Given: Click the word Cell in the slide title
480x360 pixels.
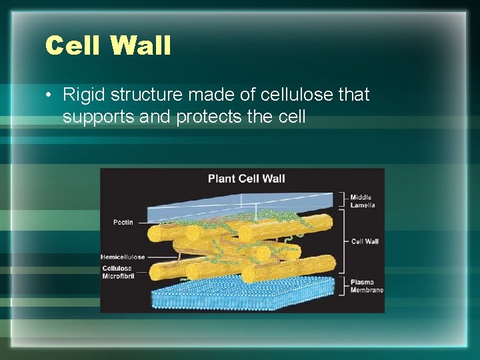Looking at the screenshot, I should pos(73,46).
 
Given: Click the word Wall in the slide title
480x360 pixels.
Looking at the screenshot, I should pos(141,46).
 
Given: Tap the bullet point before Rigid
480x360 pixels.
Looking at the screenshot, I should pos(50,95).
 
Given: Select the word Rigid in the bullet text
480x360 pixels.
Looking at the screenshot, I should pos(82,95).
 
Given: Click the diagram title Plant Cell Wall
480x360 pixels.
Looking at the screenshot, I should pos(246,178).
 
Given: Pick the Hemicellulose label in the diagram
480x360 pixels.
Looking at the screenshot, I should pos(123,257).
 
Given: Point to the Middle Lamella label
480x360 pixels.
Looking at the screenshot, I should pos(363,201).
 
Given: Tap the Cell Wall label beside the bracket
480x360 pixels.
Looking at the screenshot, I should pos(365,241).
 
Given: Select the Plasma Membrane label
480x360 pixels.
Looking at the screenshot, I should pos(367,286).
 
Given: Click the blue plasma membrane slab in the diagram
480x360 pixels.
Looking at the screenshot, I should pos(240,293).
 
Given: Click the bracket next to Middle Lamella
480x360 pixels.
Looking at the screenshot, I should pos(344,201).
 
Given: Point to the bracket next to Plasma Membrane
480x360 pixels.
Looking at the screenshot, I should pos(344,285).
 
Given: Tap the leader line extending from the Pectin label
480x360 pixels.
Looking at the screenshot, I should pos(143,222).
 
